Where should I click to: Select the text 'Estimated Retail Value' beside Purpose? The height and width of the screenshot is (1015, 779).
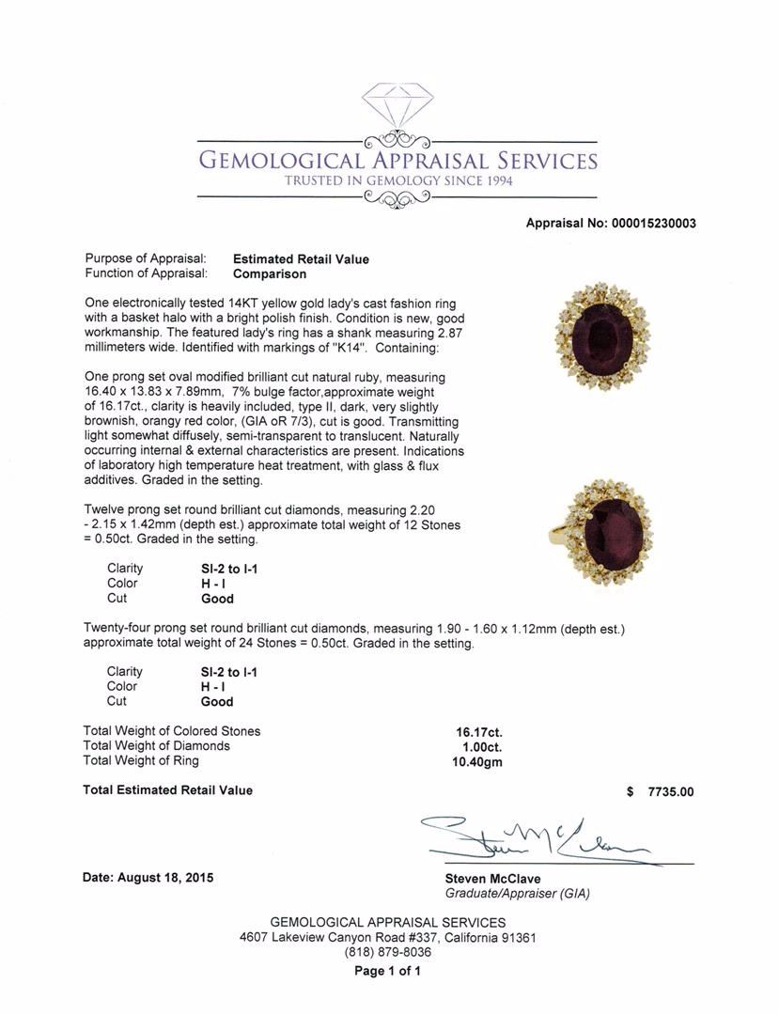point(301,259)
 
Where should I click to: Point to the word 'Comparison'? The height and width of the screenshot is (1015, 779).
point(270,274)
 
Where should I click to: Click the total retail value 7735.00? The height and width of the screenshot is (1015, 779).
point(670,791)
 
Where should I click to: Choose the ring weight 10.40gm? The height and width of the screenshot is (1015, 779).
point(477,762)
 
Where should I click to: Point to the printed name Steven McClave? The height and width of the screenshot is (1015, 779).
point(492,878)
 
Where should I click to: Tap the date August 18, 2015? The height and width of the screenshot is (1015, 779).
point(148,878)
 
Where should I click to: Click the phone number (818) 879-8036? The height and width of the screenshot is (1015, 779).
point(388,952)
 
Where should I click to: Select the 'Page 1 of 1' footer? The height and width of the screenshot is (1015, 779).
point(387,971)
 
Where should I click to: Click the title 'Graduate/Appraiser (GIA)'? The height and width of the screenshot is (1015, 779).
point(517,893)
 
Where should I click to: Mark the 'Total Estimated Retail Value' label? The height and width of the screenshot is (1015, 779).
point(167,790)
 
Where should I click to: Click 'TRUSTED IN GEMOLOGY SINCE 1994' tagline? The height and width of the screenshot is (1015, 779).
point(399,180)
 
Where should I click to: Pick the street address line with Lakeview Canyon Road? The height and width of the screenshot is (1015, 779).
point(388,937)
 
